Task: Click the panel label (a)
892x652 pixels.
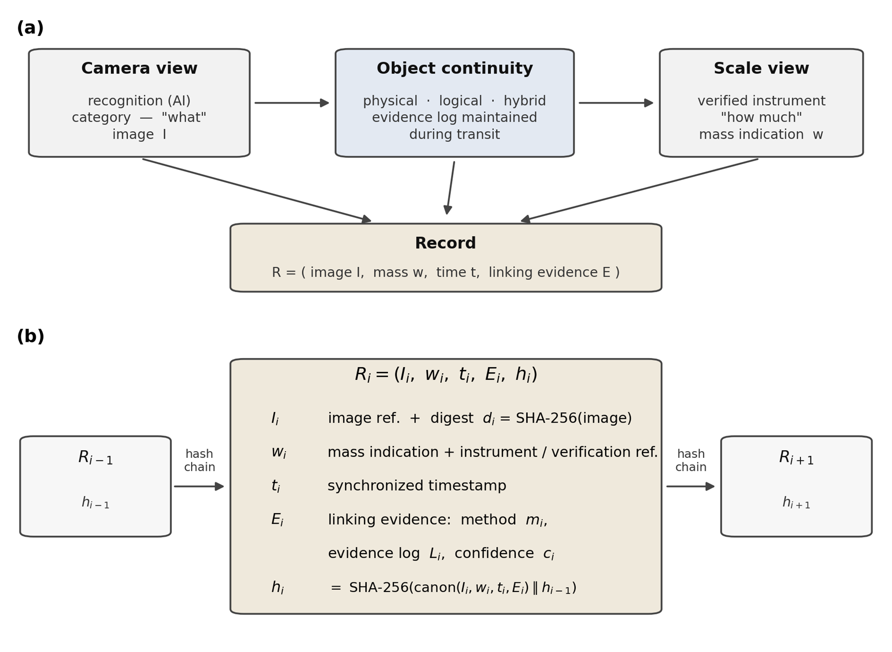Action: point(30,28)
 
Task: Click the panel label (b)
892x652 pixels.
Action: point(30,336)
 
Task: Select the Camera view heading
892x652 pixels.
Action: point(139,69)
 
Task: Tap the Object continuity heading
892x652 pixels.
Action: point(455,69)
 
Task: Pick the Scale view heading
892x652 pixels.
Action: point(761,69)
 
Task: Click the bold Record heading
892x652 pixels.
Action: point(446,243)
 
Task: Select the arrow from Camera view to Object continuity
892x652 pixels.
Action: point(292,103)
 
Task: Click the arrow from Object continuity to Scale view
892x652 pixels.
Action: point(616,103)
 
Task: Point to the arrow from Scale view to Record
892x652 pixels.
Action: point(639,190)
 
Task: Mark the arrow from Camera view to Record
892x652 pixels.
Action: point(257,190)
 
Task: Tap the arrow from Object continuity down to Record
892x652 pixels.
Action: point(450,188)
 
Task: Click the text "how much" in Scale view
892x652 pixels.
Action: point(761,118)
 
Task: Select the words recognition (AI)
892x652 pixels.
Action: point(139,101)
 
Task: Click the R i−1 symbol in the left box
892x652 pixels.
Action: point(95,457)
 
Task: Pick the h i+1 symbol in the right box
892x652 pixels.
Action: point(796,503)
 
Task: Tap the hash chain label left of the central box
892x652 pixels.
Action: point(199,461)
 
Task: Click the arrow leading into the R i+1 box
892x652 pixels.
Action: point(690,486)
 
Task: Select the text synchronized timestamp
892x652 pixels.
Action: point(417,486)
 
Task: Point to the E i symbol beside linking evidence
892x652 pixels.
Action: point(277,520)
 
